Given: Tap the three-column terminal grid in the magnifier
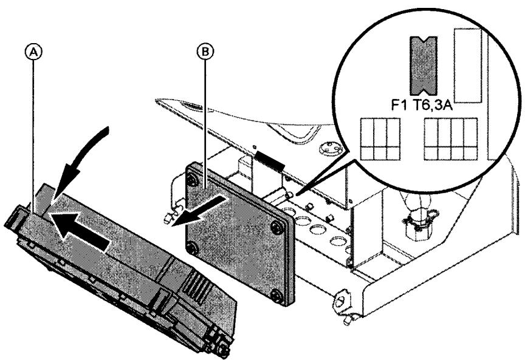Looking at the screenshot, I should (x=380, y=139).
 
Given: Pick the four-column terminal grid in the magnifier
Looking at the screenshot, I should (x=450, y=139).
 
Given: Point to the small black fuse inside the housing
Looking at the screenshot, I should (x=270, y=159).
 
